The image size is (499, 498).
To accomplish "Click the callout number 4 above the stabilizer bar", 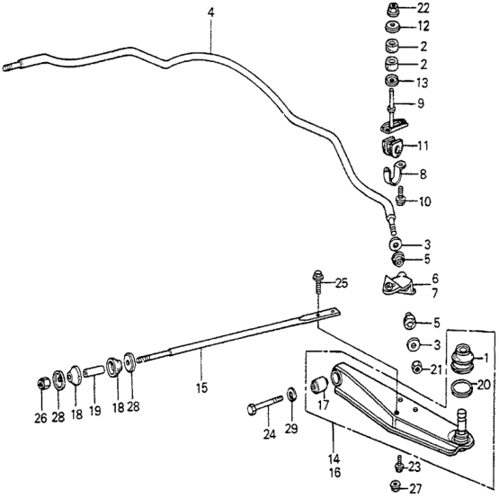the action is (210, 13).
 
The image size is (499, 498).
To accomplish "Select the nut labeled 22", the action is (392, 9).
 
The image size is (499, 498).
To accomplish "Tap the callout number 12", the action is (423, 26).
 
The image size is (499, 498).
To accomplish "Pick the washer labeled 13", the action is (392, 81).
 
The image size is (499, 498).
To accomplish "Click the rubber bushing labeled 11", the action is (391, 146).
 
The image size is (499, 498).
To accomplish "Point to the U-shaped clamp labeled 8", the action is (393, 173).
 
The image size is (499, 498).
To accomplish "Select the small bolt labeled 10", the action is (400, 195).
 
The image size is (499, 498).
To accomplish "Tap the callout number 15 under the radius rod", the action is (201, 388).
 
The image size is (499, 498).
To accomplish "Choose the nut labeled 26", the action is (42, 384).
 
